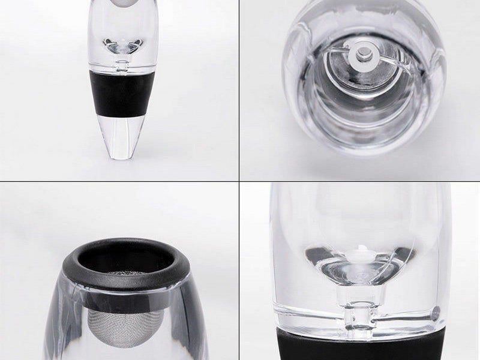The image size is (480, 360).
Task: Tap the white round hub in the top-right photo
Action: (361, 55)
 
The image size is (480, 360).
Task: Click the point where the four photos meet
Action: (240, 180)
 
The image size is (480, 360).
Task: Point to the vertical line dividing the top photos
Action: (240, 90)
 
